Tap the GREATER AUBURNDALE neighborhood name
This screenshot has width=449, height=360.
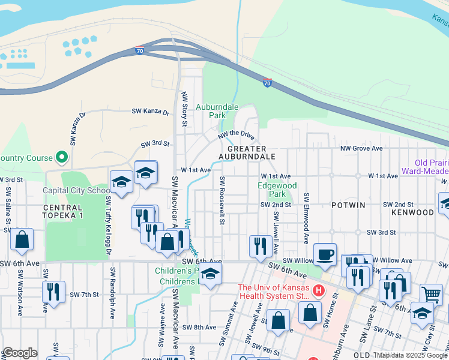pyautogui.click(x=251, y=152)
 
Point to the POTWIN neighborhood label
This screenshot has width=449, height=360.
pyautogui.click(x=348, y=205)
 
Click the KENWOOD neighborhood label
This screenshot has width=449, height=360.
pyautogui.click(x=412, y=212)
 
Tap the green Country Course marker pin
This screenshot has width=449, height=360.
pyautogui.click(x=61, y=157)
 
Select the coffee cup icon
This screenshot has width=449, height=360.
pyautogui.click(x=325, y=254)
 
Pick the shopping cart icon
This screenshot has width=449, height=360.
pyautogui.click(x=431, y=294)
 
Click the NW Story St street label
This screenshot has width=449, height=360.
pyautogui.click(x=184, y=109)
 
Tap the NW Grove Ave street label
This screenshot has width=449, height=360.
pyautogui.click(x=361, y=148)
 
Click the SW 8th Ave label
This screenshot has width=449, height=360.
pyautogui.click(x=201, y=327)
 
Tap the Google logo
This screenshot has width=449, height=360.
pyautogui.click(x=19, y=353)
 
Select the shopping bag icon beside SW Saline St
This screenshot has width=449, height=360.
pyautogui.click(x=22, y=239)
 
